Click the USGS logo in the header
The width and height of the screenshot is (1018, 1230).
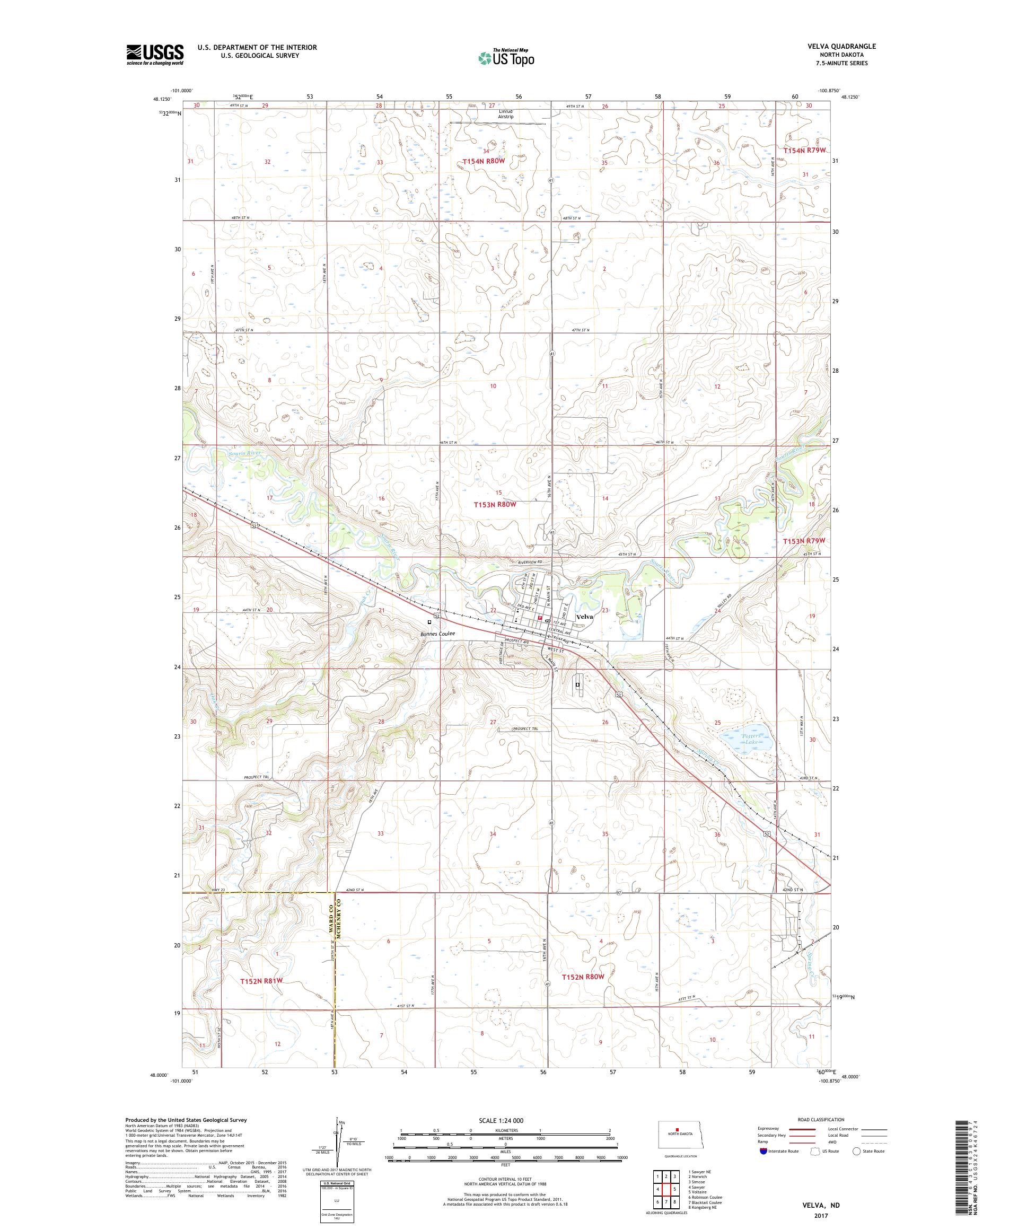pyautogui.click(x=155, y=55)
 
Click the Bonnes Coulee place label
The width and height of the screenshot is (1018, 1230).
pyautogui.click(x=436, y=634)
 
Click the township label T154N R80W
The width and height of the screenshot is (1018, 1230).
pyautogui.click(x=483, y=161)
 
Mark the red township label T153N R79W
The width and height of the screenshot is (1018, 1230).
pyautogui.click(x=804, y=541)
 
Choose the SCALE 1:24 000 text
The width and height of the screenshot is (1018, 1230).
pyautogui.click(x=505, y=1120)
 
